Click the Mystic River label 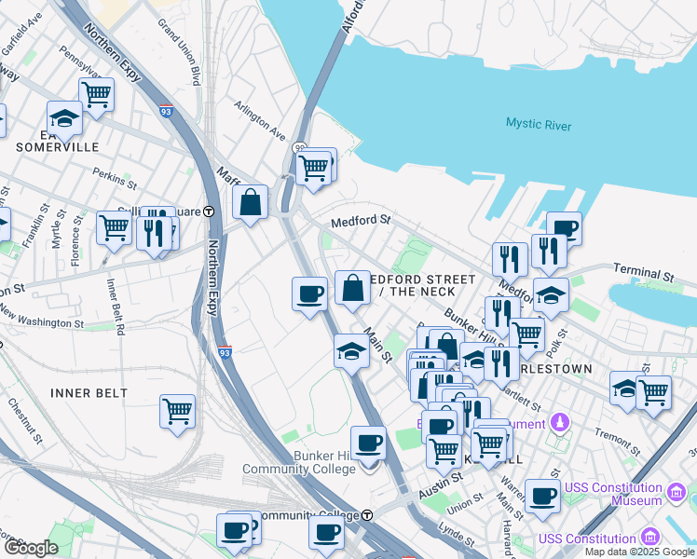pyautogui.click(x=539, y=124)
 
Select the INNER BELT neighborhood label pyautogui.click(x=89, y=393)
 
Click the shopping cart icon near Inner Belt pyautogui.click(x=177, y=410)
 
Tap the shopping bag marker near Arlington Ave pyautogui.click(x=251, y=201)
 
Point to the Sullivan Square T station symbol pyautogui.click(x=210, y=211)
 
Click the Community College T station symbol pyautogui.click(x=367, y=515)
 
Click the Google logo pyautogui.click(x=31, y=548)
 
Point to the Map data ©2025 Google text pyautogui.click(x=638, y=552)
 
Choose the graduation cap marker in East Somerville pyautogui.click(x=64, y=117)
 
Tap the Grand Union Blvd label pyautogui.click(x=180, y=49)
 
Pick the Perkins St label pyautogui.click(x=116, y=173)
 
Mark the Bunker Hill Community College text pyautogui.click(x=299, y=462)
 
